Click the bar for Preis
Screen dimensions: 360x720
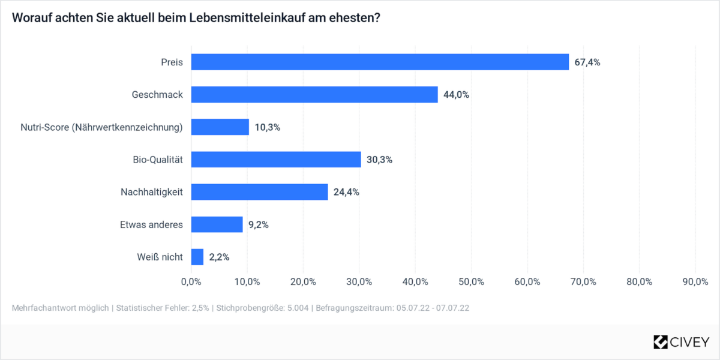(380, 62)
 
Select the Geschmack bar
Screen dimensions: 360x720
(314, 94)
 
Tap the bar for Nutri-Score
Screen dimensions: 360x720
(220, 127)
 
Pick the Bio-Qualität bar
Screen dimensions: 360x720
(276, 159)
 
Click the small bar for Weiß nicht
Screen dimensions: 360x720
(197, 257)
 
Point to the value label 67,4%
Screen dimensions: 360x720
(587, 62)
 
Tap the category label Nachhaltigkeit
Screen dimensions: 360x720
(152, 192)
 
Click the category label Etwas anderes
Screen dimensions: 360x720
(151, 224)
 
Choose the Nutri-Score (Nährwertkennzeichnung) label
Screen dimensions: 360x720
(101, 127)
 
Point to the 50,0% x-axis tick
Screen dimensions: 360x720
(471, 281)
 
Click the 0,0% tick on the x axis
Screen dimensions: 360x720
(191, 281)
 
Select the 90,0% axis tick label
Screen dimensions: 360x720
(695, 281)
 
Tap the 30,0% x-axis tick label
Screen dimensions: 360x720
(359, 281)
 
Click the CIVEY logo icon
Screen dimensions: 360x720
(661, 342)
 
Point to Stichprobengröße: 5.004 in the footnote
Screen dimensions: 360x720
(262, 308)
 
